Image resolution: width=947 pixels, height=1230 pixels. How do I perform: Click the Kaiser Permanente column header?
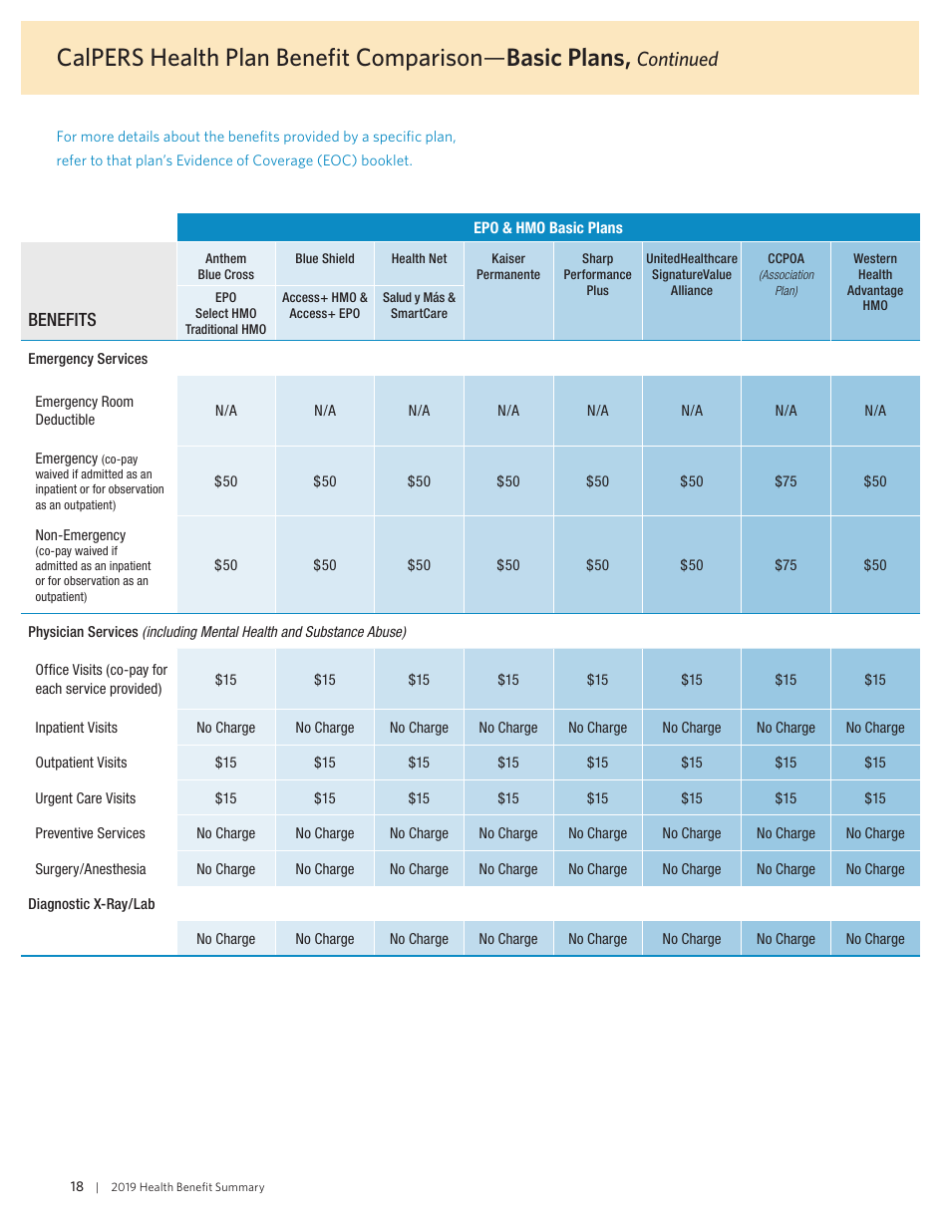[x=508, y=266]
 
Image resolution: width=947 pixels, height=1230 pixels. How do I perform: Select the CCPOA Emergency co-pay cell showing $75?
[x=786, y=481]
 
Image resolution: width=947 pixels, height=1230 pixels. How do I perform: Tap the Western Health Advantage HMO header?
[x=874, y=282]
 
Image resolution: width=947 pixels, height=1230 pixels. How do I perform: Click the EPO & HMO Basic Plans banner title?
[x=547, y=227]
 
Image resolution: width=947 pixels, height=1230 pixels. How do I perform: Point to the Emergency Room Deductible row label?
[x=84, y=411]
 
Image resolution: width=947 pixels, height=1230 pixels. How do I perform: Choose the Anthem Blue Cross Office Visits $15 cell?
[x=226, y=680]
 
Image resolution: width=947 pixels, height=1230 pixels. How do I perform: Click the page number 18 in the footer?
[x=77, y=1186]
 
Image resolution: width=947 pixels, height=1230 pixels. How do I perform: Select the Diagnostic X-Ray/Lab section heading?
[x=91, y=904]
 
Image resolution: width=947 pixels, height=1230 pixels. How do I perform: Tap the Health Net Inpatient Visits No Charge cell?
[x=419, y=728]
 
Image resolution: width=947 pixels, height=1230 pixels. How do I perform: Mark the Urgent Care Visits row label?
[x=85, y=798]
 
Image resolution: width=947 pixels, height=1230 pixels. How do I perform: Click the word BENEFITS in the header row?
[x=62, y=320]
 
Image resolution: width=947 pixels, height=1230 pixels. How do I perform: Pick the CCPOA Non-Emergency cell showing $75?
[x=786, y=565]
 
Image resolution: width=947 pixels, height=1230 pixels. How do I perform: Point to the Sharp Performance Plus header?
[x=597, y=274]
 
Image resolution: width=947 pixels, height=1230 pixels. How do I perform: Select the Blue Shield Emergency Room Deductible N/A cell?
[x=325, y=411]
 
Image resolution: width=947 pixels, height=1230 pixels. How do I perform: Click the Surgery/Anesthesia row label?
[x=90, y=869]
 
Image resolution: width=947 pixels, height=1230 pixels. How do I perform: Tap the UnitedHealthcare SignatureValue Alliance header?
[x=691, y=274]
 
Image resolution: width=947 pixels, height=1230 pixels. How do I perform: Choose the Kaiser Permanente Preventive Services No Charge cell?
[x=508, y=833]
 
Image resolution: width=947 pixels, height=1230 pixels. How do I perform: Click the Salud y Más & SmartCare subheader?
[x=419, y=305]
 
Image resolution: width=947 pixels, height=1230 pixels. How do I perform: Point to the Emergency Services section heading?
[x=88, y=359]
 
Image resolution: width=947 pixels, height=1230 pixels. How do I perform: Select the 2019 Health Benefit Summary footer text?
[x=187, y=1187]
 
